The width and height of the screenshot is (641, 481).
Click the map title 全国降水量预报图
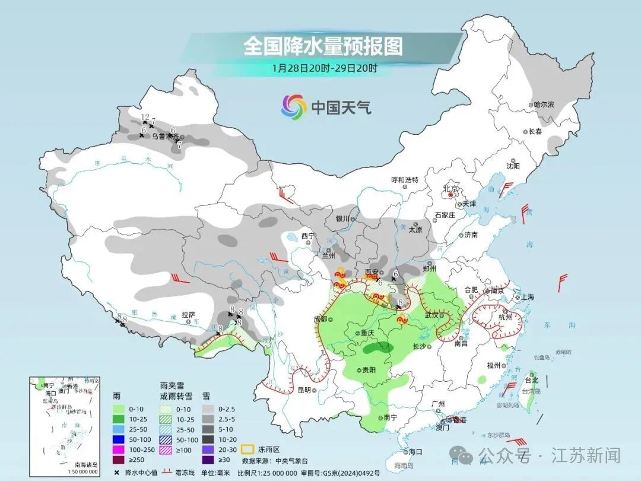tap(323, 46)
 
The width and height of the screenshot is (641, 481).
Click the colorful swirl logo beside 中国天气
tap(294, 107)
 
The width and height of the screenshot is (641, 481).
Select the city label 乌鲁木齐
tap(164, 136)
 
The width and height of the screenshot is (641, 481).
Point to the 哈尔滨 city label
tap(543, 105)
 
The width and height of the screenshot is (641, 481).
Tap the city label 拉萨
tap(188, 315)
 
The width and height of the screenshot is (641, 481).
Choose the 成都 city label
tap(320, 319)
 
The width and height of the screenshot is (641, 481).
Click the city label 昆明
tap(304, 390)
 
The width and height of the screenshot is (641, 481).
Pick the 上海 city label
tap(527, 297)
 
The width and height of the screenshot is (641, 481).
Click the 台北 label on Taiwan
tap(531, 379)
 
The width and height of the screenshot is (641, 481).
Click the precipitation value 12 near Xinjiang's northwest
tap(145, 117)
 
